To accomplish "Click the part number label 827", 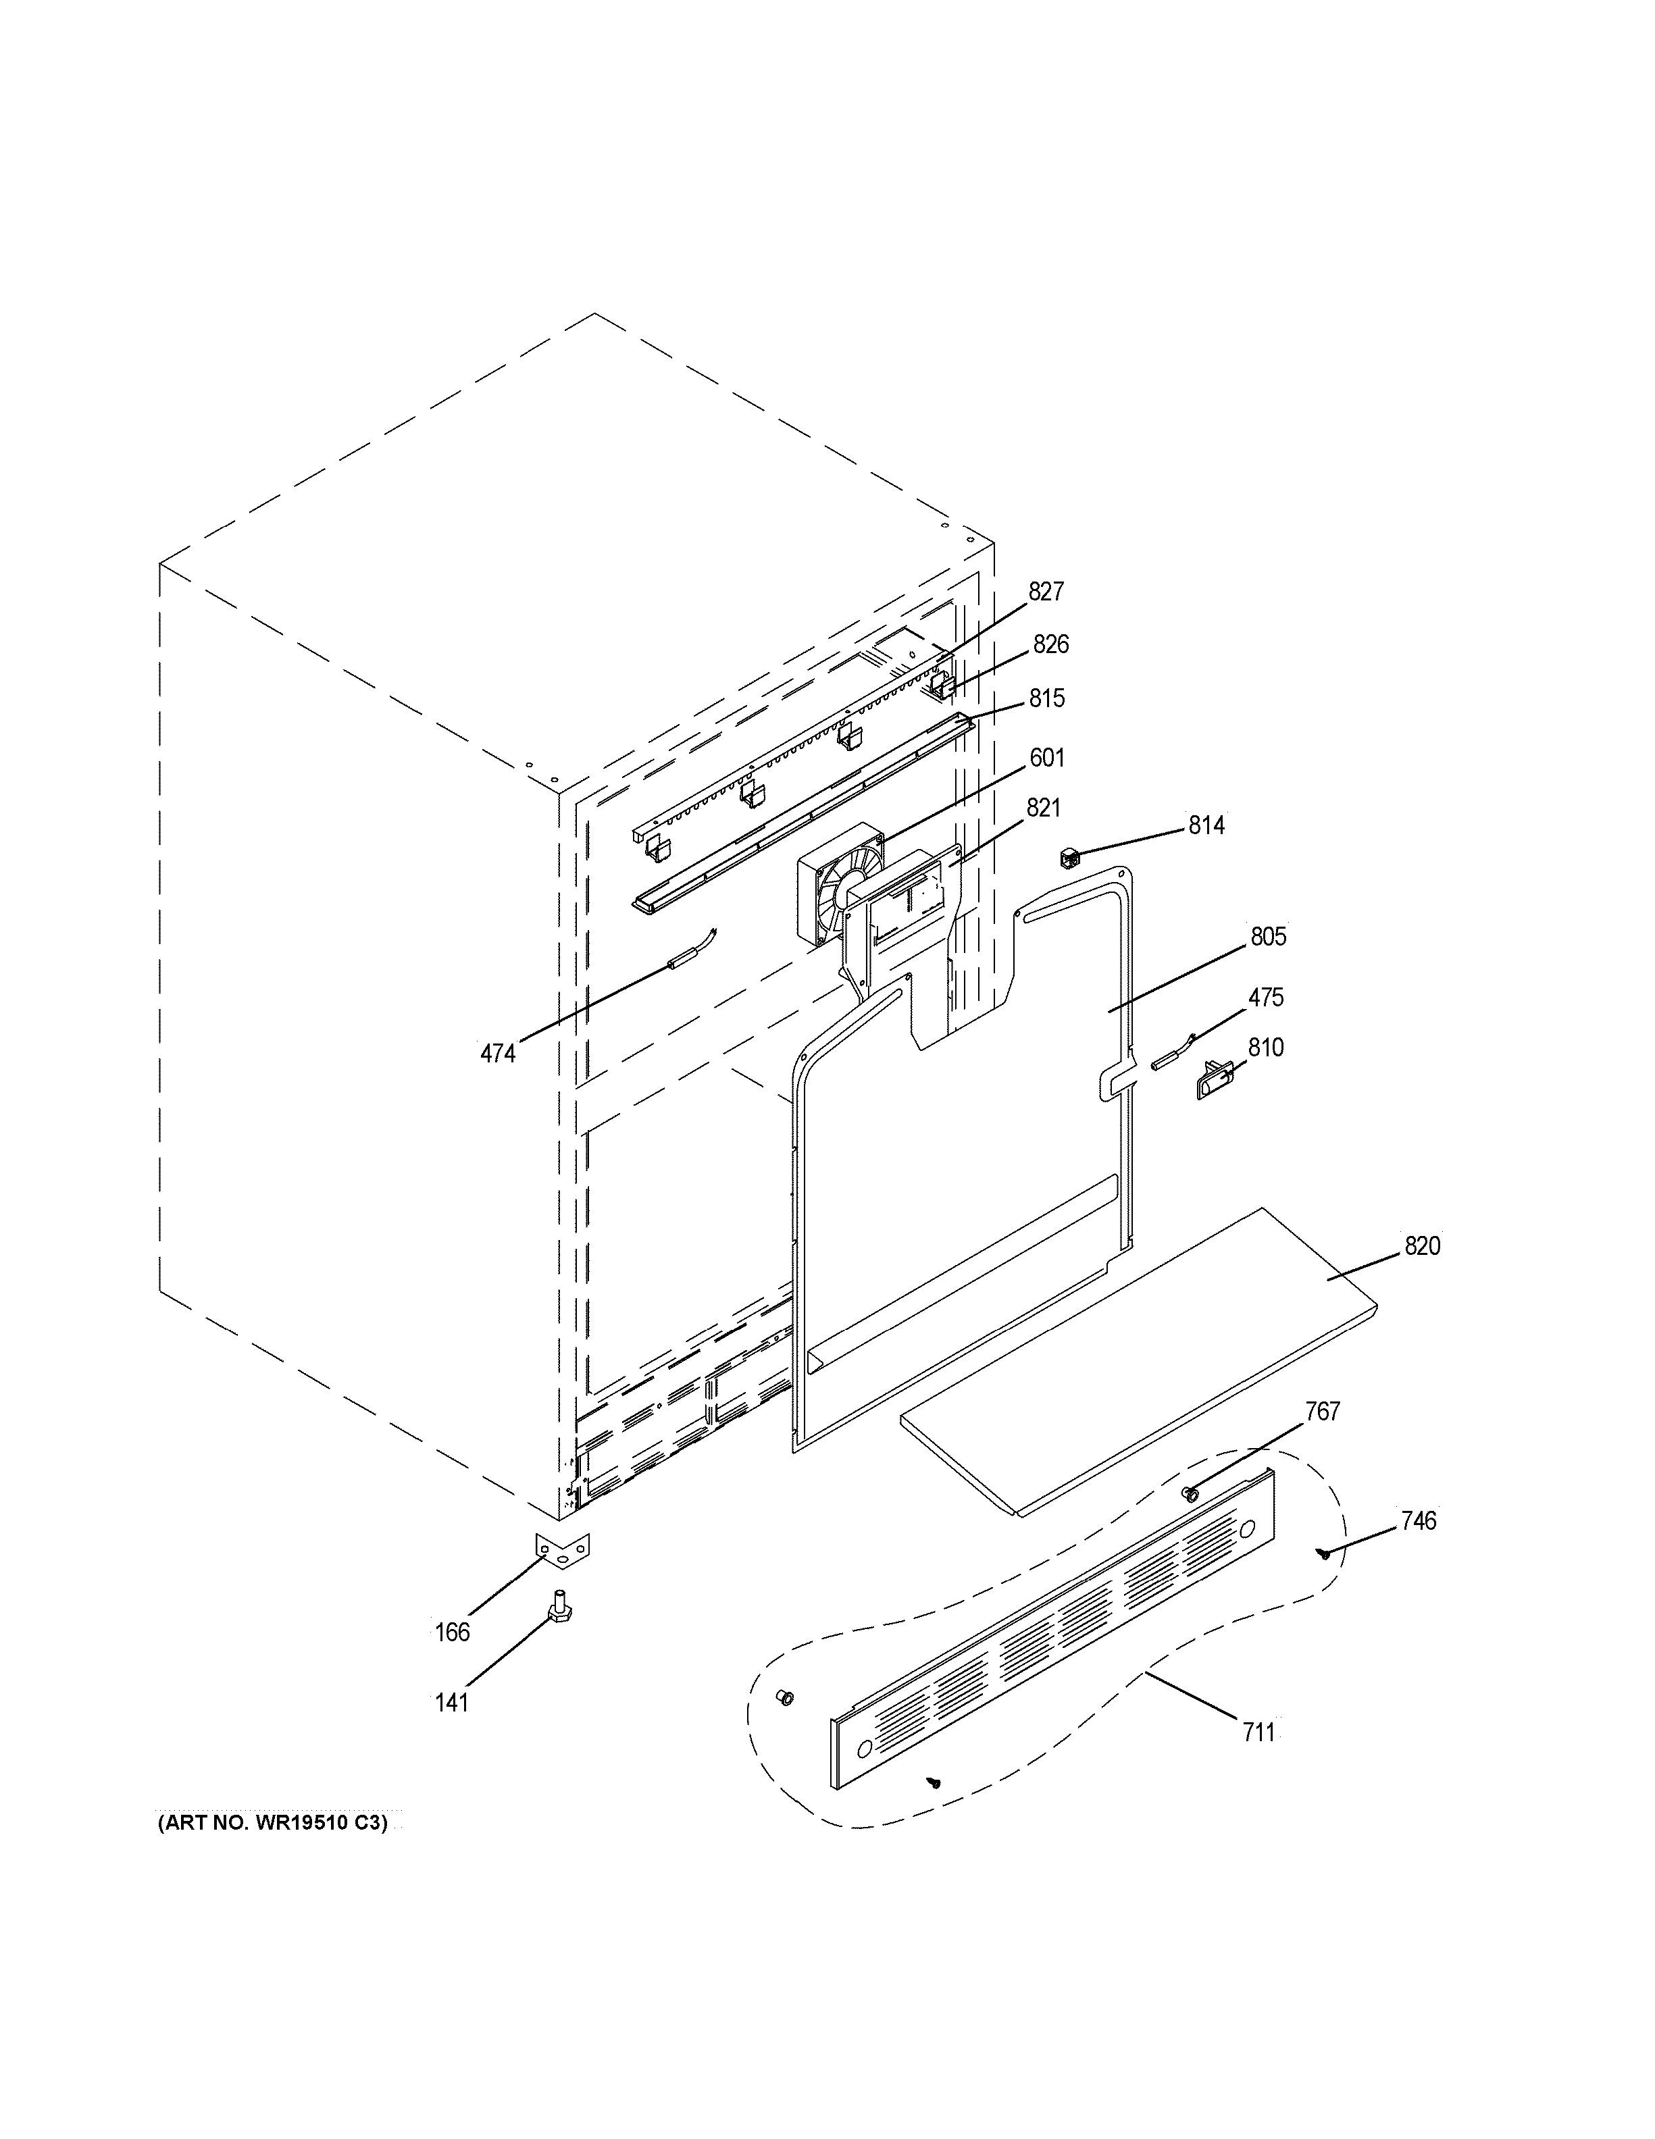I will tap(1046, 592).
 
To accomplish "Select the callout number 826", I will tap(1051, 644).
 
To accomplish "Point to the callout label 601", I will tap(1047, 757).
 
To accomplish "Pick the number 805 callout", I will tap(1268, 936).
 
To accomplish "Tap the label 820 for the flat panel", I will tap(1422, 1246).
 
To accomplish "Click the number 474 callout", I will tap(497, 1054).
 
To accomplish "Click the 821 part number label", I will tap(1043, 808).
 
